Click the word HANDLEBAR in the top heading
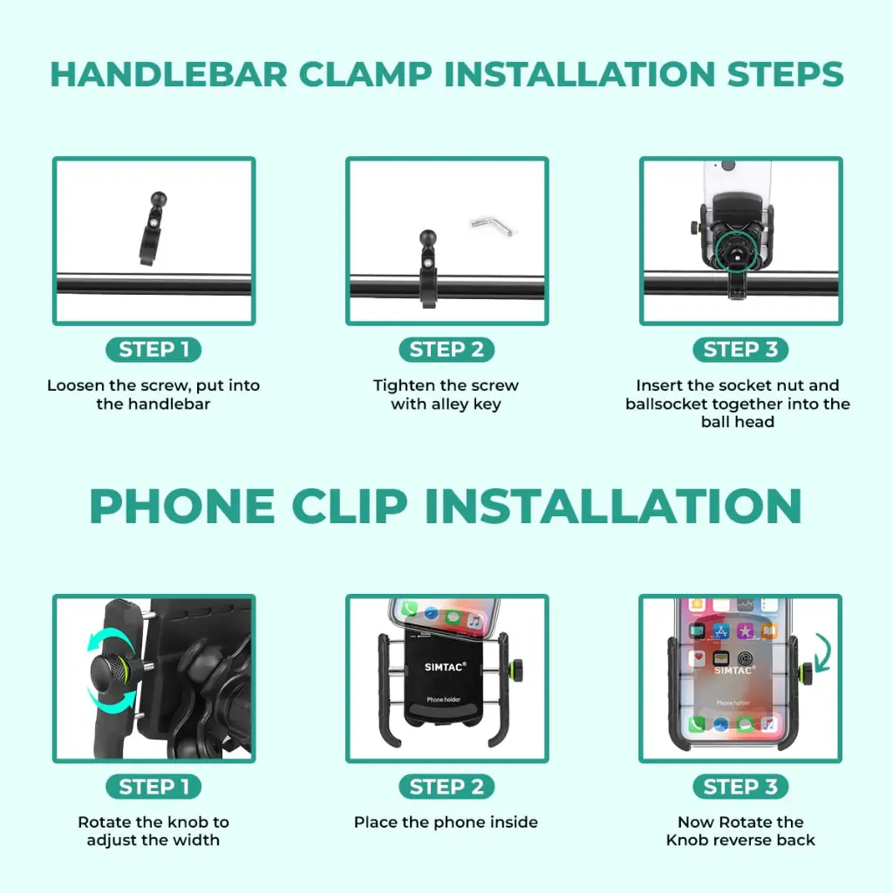[x=168, y=75]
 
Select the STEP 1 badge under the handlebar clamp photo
[x=153, y=349]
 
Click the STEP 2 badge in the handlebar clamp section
[x=446, y=349]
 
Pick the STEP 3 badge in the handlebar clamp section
[x=740, y=349]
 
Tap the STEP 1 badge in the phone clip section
[x=153, y=787]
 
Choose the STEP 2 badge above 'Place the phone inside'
[x=446, y=787]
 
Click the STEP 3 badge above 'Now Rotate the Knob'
[x=740, y=787]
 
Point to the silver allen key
[x=493, y=225]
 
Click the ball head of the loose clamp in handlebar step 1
[x=159, y=200]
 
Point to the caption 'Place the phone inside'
[x=446, y=822]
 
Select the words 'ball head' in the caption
[x=738, y=422]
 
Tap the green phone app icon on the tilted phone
[x=409, y=609]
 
